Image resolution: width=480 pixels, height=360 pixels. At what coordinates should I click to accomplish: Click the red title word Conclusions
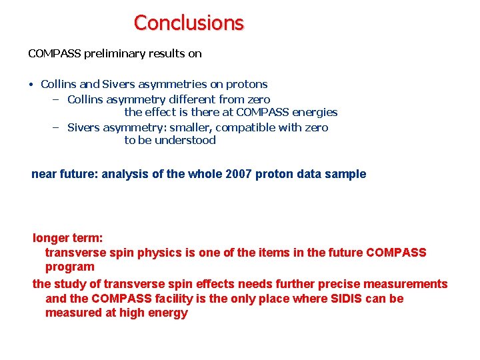pyautogui.click(x=189, y=23)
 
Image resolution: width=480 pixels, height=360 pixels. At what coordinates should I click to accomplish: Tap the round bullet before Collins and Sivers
pyautogui.click(x=31, y=85)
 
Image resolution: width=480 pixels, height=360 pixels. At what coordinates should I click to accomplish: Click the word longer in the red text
pyautogui.click(x=51, y=238)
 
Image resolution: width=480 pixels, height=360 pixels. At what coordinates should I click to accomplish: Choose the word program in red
pyautogui.click(x=69, y=267)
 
